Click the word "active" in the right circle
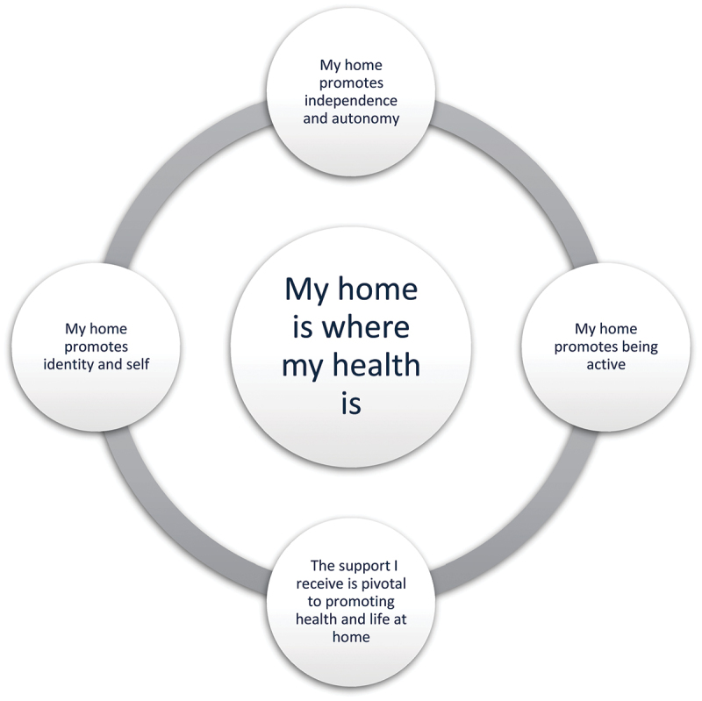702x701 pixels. pyautogui.click(x=603, y=363)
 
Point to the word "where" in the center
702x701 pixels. pyautogui.click(x=365, y=327)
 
